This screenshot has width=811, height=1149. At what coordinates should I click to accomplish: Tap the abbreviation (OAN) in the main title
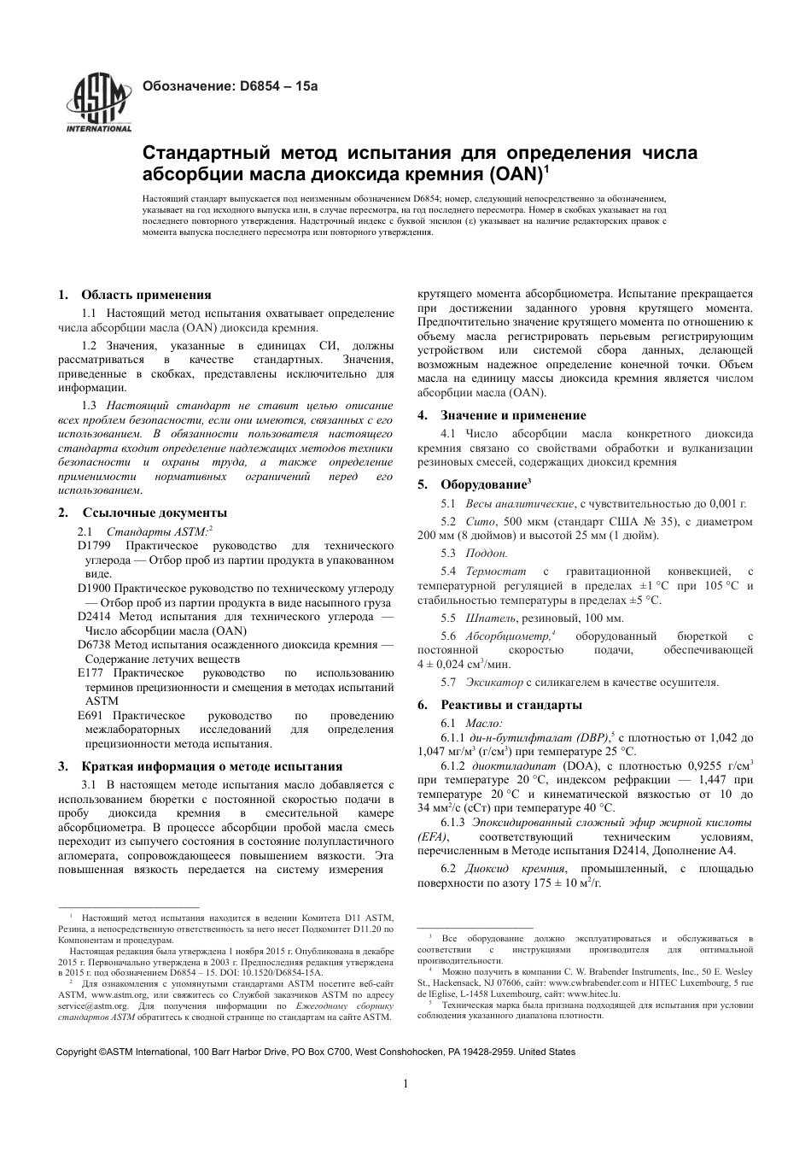tap(516, 175)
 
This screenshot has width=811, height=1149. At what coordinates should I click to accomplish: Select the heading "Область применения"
tap(146, 296)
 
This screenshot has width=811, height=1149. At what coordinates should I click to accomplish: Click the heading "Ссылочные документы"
tap(155, 513)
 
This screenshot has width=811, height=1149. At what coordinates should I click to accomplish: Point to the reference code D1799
tap(95, 544)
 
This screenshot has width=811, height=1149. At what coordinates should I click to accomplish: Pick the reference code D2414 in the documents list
tap(95, 616)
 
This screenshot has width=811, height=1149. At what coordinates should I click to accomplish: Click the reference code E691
tap(90, 716)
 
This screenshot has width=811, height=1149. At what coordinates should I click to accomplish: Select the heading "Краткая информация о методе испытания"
tap(212, 766)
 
